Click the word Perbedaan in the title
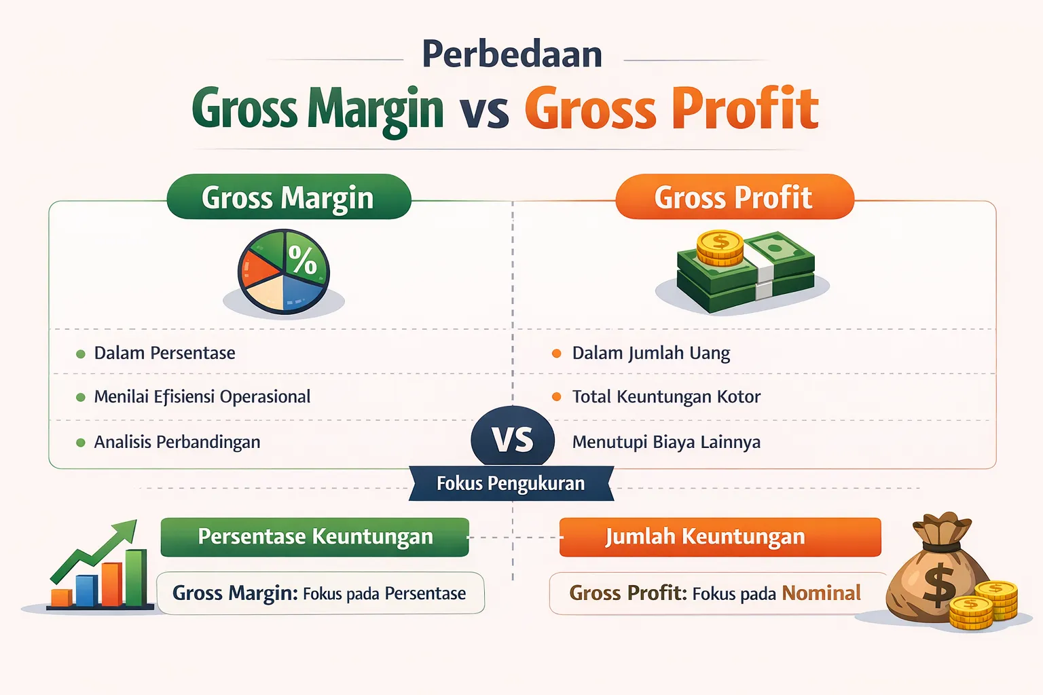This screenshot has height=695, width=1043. pyautogui.click(x=512, y=54)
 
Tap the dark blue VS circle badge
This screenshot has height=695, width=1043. pyautogui.click(x=513, y=440)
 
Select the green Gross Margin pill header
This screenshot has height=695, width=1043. pyautogui.click(x=289, y=198)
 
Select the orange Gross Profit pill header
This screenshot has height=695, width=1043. pyautogui.click(x=734, y=198)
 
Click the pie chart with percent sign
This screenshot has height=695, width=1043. pyautogui.click(x=284, y=271)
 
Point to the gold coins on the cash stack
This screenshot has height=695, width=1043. pyautogui.click(x=720, y=248)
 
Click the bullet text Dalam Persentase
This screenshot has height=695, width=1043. pyautogui.click(x=164, y=353)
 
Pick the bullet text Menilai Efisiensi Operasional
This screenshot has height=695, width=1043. pyautogui.click(x=202, y=396)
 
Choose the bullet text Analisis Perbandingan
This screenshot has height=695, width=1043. pyautogui.click(x=177, y=442)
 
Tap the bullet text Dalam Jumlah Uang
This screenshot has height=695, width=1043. pyautogui.click(x=651, y=353)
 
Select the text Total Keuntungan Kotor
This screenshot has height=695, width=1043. pyautogui.click(x=665, y=396)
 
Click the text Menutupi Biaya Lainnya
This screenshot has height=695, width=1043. pyautogui.click(x=665, y=442)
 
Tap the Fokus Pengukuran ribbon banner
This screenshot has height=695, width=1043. pyautogui.click(x=511, y=483)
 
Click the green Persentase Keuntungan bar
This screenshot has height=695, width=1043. pyautogui.click(x=315, y=537)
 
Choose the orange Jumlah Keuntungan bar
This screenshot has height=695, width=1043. pyautogui.click(x=720, y=537)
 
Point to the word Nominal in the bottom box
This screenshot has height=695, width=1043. pyautogui.click(x=821, y=593)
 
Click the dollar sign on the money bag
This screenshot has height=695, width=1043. pyautogui.click(x=939, y=585)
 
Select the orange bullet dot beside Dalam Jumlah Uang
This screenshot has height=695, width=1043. pyautogui.click(x=557, y=354)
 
